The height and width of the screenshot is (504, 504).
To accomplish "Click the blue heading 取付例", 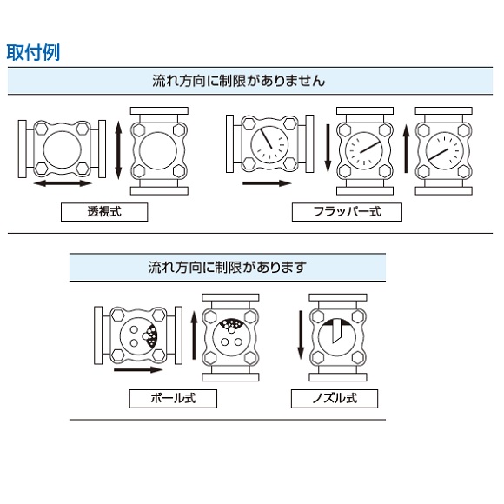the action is click(x=33, y=52).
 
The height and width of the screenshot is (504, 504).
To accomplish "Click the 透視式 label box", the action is click(x=104, y=212).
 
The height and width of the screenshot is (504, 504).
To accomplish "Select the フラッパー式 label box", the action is click(x=347, y=212).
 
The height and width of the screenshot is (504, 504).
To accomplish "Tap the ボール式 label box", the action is click(x=173, y=399).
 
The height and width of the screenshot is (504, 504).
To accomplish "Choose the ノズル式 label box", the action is click(x=335, y=399).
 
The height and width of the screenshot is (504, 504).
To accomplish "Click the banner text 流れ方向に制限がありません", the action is click(x=239, y=81).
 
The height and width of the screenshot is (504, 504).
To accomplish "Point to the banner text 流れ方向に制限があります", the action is click(x=227, y=267).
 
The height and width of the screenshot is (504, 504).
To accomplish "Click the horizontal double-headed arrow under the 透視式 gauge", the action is click(x=63, y=183).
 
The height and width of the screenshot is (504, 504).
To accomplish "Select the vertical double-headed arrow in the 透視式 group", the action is click(x=118, y=150).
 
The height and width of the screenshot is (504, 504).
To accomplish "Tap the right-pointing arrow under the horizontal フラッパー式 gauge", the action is click(x=267, y=183).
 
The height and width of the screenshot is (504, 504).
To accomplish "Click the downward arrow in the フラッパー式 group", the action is click(x=328, y=149).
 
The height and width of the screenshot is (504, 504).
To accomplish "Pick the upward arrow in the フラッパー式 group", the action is click(x=407, y=149).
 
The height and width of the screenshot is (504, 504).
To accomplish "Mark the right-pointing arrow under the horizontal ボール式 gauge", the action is click(x=138, y=369).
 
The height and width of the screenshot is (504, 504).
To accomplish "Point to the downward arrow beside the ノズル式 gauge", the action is click(x=301, y=335).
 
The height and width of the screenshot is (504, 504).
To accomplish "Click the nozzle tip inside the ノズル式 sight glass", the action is click(x=334, y=342).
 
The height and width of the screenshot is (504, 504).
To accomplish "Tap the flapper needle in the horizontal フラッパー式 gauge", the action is click(x=266, y=139).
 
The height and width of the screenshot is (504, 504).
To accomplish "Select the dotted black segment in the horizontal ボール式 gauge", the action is click(x=151, y=335).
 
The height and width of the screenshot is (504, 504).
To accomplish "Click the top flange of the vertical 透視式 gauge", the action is click(x=159, y=111).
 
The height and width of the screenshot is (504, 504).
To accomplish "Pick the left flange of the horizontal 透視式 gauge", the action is click(x=23, y=149).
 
